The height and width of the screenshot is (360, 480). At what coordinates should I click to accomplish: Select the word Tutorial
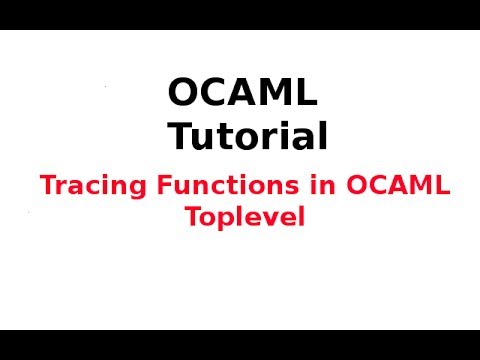tap(246, 136)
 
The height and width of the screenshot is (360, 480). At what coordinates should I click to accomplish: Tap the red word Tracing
tap(86, 186)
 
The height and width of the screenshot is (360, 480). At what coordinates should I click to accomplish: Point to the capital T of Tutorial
tap(181, 136)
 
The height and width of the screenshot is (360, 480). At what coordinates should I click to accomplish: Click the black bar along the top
tap(240, 14)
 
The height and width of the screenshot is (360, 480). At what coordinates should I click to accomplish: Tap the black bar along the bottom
tap(240, 345)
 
